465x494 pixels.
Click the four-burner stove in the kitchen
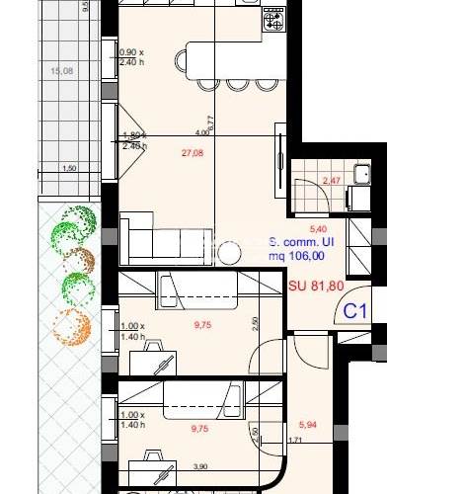tap(271, 20)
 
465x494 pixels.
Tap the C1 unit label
tap(355, 311)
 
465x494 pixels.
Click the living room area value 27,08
tap(192, 153)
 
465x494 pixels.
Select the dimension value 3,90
tap(199, 467)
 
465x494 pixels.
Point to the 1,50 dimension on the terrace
tap(70, 169)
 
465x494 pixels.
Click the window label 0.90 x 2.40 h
tap(131, 57)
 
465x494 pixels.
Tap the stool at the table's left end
tap(184, 61)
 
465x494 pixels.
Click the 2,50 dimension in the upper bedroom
tap(254, 323)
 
